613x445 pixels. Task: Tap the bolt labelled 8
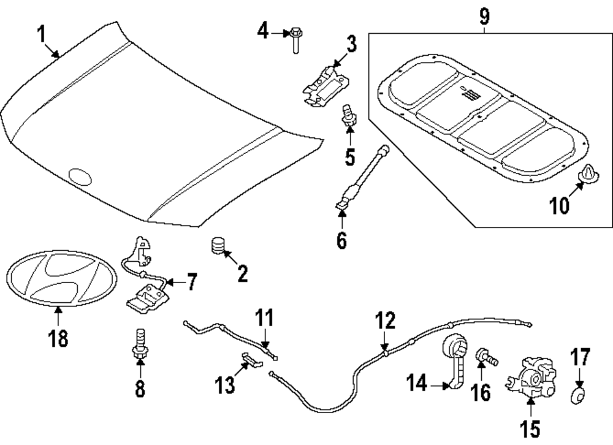[139, 345]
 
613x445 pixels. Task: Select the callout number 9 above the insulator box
[484, 17]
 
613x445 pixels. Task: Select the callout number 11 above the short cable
[264, 319]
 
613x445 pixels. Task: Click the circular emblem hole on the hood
[80, 177]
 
